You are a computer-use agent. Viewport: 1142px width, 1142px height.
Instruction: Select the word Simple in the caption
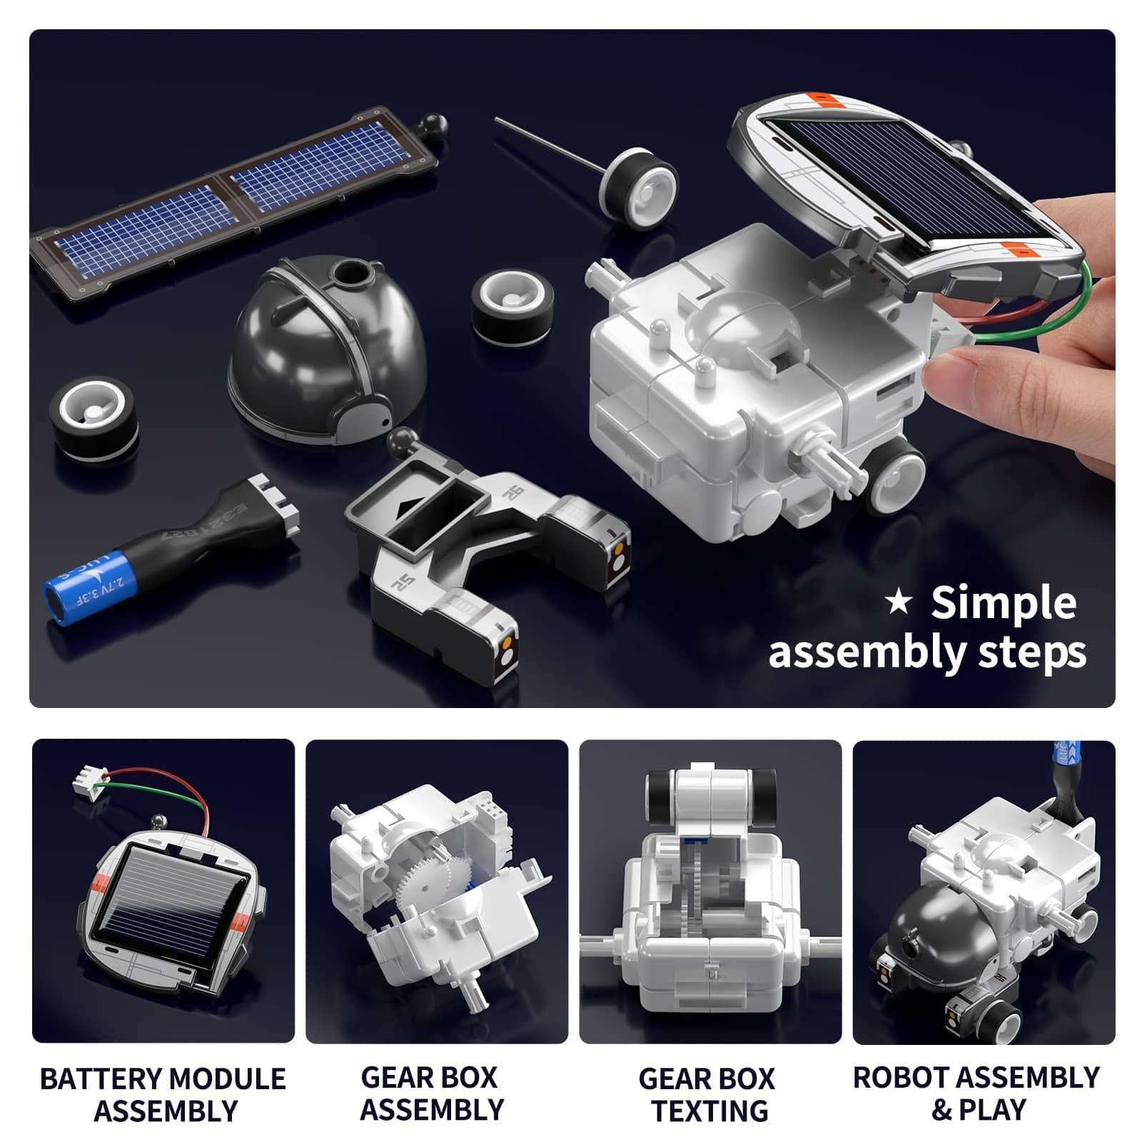click(x=1003, y=604)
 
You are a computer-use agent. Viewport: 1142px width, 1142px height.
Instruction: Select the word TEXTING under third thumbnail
click(x=710, y=1111)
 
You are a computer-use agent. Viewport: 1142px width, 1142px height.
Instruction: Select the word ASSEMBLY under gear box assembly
click(x=432, y=1110)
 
